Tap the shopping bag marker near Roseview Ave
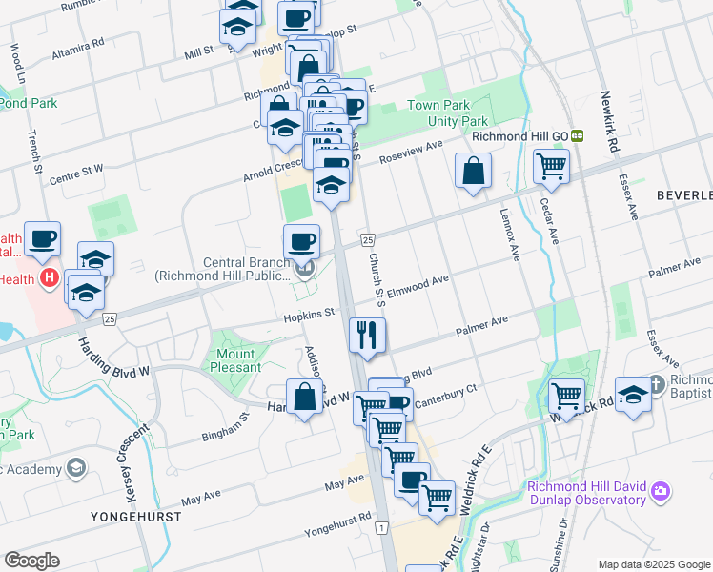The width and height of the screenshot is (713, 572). coord(473,174)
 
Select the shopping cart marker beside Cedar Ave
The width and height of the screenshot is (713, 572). coord(551,167)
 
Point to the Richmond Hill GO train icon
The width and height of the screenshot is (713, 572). coord(578,136)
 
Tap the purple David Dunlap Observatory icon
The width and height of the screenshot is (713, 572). coord(661,493)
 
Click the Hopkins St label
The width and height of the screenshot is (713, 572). coord(310,313)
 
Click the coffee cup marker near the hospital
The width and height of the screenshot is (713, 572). coord(42,240)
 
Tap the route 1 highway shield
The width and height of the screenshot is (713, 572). coord(380,527)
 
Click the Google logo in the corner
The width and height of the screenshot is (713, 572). coord(31,561)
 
